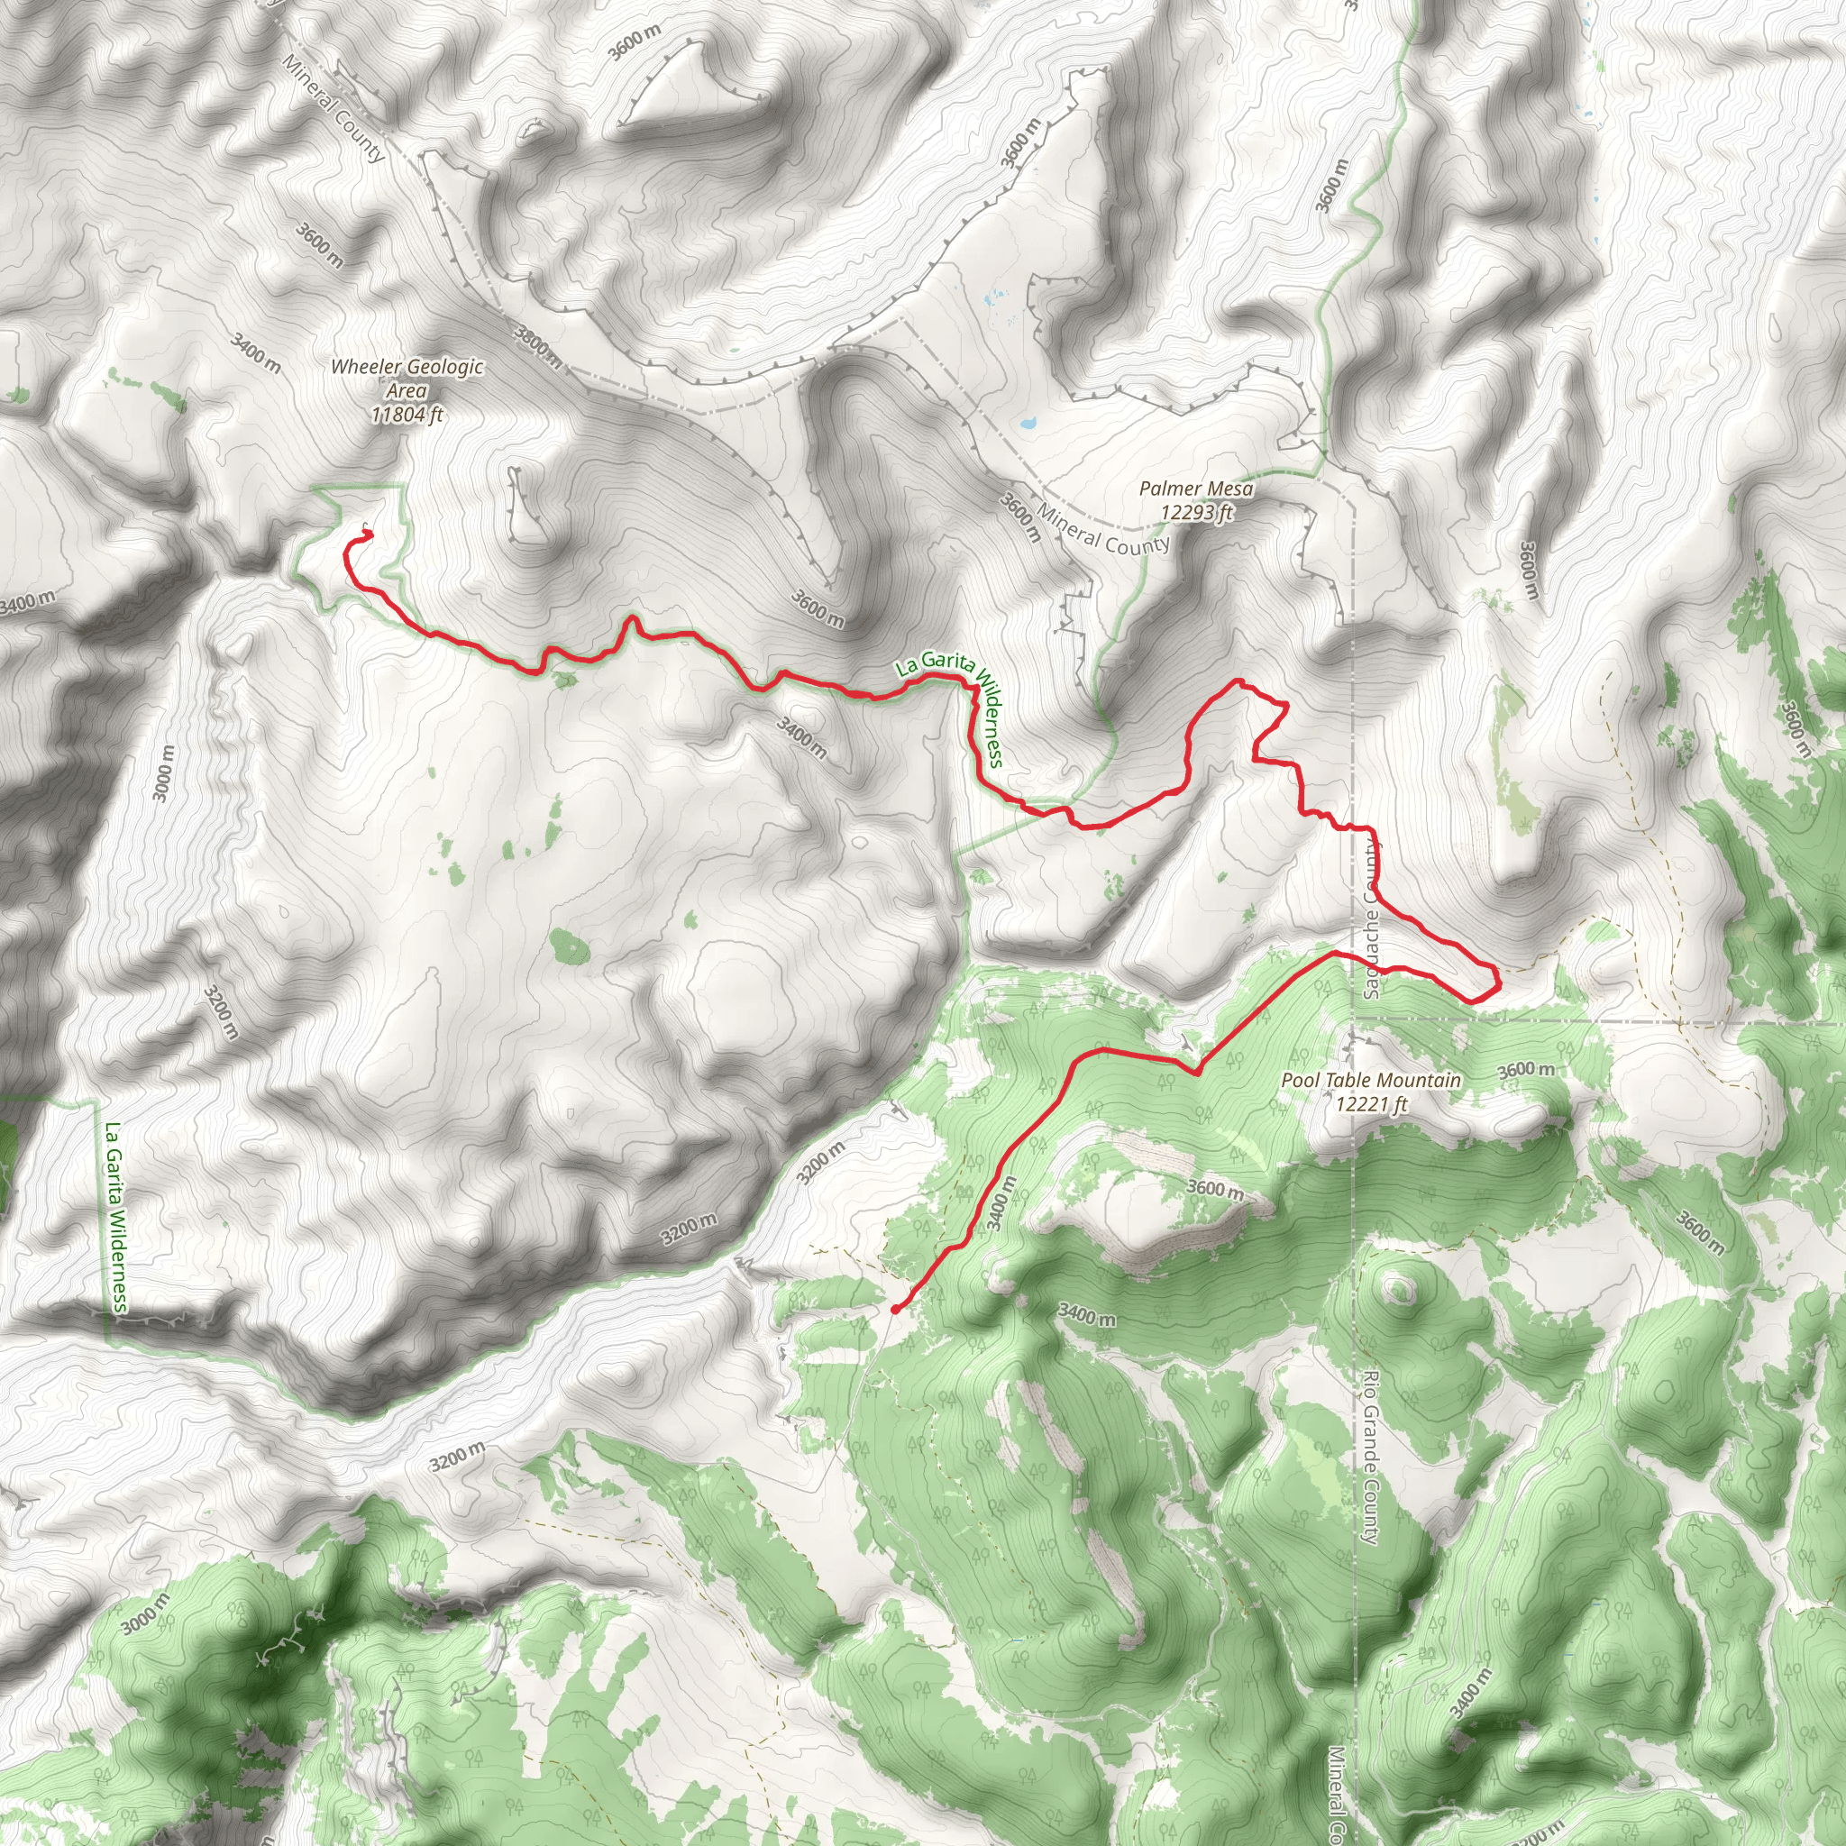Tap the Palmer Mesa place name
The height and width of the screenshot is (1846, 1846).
pyautogui.click(x=1195, y=489)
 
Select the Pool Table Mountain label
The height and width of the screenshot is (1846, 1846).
pyautogui.click(x=1370, y=1080)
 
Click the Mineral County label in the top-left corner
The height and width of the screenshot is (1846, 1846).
pyautogui.click(x=334, y=107)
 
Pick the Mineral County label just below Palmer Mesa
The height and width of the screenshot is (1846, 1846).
pyautogui.click(x=1103, y=531)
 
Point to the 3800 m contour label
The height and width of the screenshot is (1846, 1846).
pyautogui.click(x=538, y=346)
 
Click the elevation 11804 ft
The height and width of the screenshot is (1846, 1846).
pyautogui.click(x=407, y=415)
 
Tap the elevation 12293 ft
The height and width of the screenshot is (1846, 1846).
pyautogui.click(x=1196, y=512)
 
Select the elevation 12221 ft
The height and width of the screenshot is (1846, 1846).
pyautogui.click(x=1371, y=1104)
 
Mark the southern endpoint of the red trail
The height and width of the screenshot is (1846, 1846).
pyautogui.click(x=894, y=1309)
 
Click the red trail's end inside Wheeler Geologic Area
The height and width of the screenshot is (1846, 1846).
pyautogui.click(x=368, y=535)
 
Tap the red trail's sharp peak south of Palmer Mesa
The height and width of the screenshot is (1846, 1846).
pyautogui.click(x=1239, y=681)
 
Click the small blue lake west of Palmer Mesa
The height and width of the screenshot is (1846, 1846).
pyautogui.click(x=1028, y=421)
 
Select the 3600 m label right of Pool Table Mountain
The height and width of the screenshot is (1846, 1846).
pyautogui.click(x=1525, y=1069)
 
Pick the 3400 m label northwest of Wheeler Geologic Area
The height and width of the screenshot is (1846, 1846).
pyautogui.click(x=255, y=352)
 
